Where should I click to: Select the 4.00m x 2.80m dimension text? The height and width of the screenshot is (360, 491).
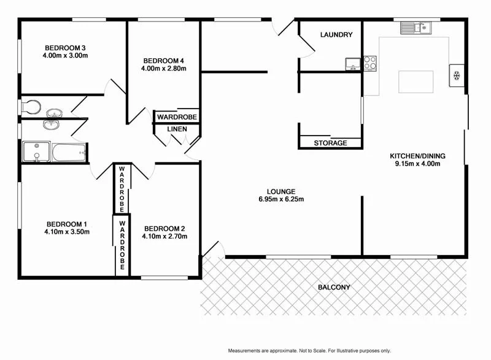(x=163, y=69)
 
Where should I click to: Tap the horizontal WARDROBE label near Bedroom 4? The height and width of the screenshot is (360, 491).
(x=177, y=117)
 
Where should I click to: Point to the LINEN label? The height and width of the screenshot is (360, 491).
(x=177, y=129)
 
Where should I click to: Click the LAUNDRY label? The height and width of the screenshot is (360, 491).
(x=336, y=35)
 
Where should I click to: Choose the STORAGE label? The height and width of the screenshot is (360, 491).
(x=330, y=143)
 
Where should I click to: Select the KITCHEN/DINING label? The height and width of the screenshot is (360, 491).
(x=418, y=156)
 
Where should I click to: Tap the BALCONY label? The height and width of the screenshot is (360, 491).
(x=334, y=287)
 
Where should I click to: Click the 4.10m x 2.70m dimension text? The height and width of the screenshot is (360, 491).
(x=164, y=236)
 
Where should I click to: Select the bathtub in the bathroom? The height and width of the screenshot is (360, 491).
(x=68, y=152)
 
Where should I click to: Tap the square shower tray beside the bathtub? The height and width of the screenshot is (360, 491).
(x=36, y=152)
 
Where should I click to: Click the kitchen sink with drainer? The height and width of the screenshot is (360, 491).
(x=416, y=27)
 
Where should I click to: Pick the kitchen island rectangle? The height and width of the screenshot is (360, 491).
(x=416, y=80)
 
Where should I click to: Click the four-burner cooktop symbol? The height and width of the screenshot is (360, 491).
(x=369, y=63)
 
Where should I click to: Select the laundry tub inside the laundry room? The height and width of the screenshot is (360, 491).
(x=352, y=63)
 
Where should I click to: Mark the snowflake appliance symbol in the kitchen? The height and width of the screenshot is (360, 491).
(x=457, y=75)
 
